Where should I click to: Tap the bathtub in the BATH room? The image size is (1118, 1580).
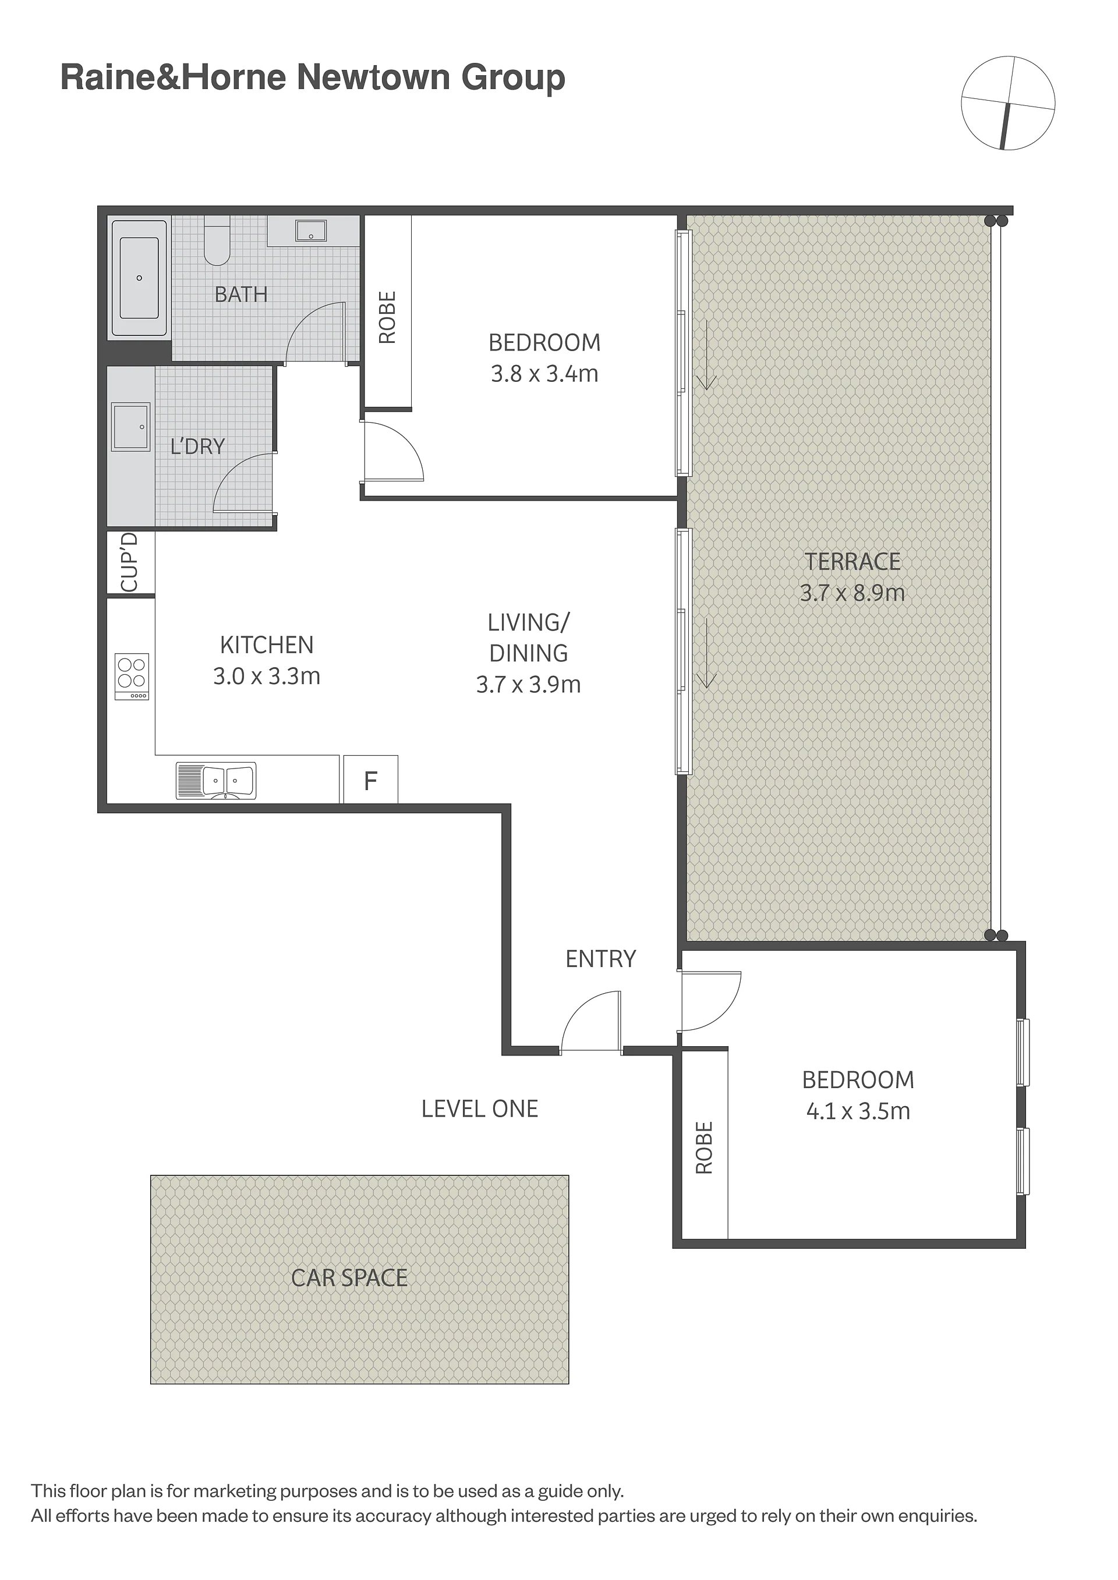click(139, 278)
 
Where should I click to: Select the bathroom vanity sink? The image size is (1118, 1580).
click(311, 231)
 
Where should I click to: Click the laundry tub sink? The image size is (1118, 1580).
click(131, 427)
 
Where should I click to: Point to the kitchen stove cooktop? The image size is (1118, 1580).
click(132, 676)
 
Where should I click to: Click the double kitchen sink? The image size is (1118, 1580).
click(216, 780)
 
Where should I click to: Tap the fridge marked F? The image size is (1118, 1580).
click(370, 779)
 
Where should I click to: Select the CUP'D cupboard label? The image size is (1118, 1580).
click(129, 562)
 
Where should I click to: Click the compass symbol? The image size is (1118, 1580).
click(1008, 103)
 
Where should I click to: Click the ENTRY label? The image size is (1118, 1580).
click(600, 959)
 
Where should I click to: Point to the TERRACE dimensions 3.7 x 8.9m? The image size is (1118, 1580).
click(852, 593)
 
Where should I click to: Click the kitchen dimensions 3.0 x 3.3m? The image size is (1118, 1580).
click(267, 676)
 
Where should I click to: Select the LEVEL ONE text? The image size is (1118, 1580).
click(480, 1108)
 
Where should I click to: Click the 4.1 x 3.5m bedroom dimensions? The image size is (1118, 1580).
click(858, 1111)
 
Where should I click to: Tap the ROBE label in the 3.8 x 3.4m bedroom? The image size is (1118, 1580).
click(388, 317)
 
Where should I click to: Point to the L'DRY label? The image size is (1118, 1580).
click(197, 447)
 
